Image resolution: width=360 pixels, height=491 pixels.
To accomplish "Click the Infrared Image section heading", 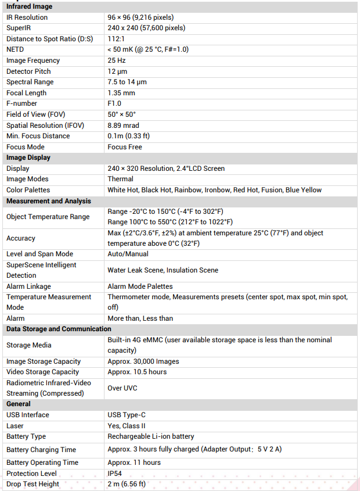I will (x=29, y=6).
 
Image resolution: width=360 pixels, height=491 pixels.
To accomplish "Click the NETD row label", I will (x=15, y=49).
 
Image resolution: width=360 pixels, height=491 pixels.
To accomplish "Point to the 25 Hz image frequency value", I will (x=117, y=60).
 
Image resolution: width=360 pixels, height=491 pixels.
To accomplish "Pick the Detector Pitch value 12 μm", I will (x=118, y=71).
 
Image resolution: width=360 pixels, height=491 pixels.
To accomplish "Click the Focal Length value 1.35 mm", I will (x=121, y=93).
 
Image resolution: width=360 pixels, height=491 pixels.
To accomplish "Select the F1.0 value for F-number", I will (x=114, y=103).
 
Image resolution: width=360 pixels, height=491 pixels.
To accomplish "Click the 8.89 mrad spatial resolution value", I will (x=123, y=125).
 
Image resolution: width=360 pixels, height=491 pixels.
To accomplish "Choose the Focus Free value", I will (x=125, y=147).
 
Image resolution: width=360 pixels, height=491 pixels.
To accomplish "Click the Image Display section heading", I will (x=28, y=157).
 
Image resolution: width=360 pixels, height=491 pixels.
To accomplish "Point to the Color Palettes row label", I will (x=28, y=190).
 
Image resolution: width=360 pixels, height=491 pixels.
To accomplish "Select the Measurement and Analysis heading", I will (x=49, y=201).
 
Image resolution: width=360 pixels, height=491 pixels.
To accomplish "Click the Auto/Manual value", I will (x=128, y=254).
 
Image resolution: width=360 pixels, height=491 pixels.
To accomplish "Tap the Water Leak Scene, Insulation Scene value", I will (x=163, y=270).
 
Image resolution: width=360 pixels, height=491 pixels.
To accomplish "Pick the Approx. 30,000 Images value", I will (x=143, y=361).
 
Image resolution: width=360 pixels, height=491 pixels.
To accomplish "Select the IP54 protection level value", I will (x=114, y=474).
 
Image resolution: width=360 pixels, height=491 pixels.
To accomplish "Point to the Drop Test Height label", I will (x=33, y=484).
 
